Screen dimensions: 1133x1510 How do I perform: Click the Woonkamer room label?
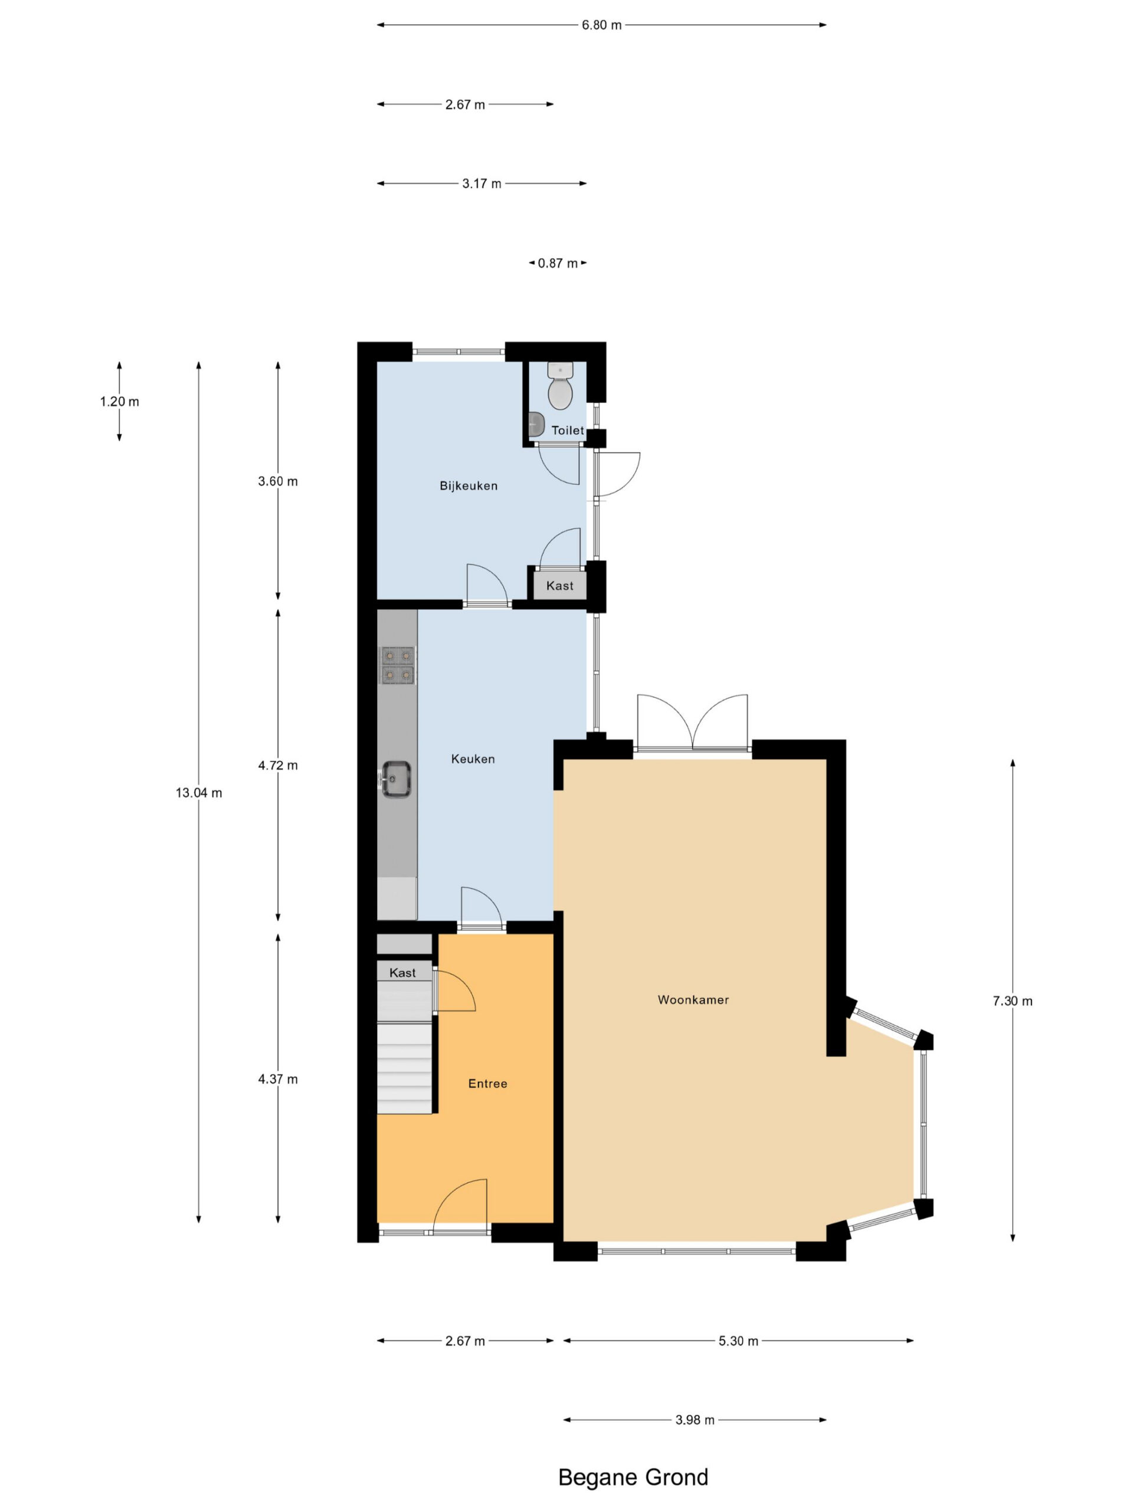click(x=693, y=1000)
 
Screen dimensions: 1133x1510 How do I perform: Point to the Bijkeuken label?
click(x=469, y=486)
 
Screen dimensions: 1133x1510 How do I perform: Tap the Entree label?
click(x=487, y=1084)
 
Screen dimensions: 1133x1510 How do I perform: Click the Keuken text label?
click(x=473, y=759)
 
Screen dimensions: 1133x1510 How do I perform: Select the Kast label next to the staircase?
click(x=402, y=973)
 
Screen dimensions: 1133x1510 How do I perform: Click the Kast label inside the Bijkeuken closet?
click(x=560, y=586)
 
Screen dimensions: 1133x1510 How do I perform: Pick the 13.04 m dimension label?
click(x=199, y=793)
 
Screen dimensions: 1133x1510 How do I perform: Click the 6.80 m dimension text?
click(x=602, y=25)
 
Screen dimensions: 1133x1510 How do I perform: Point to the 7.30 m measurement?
click(x=1012, y=1001)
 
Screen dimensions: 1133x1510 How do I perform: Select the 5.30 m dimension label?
click(x=738, y=1341)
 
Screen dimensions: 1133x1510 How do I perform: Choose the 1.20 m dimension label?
click(x=120, y=402)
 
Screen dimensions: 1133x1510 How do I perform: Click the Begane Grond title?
click(x=633, y=1476)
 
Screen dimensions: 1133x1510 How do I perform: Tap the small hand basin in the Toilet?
click(x=536, y=424)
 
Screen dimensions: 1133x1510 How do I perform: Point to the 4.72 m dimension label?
click(x=278, y=765)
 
